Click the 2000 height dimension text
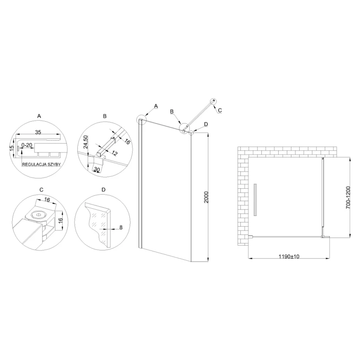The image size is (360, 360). [x=206, y=197]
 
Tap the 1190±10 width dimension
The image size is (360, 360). [x=289, y=256]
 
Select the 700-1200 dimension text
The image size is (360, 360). [x=348, y=198]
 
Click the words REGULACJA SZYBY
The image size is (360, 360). [x=41, y=164]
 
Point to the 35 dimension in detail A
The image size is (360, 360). [x=38, y=132]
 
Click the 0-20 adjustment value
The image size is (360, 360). [x=27, y=145]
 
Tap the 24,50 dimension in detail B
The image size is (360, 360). [x=86, y=142]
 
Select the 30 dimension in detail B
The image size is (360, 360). [x=97, y=169]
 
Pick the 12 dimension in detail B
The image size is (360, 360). [x=114, y=153]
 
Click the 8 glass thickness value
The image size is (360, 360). [x=121, y=227]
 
